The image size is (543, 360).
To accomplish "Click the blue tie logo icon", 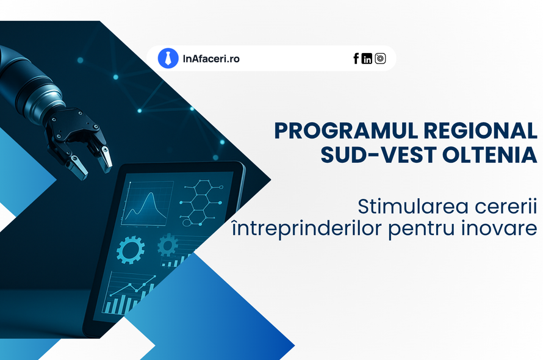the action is [168, 58].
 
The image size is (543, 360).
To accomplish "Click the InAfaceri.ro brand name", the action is [211, 59].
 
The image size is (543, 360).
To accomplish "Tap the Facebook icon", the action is [356, 59].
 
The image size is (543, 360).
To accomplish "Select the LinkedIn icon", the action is [367, 59].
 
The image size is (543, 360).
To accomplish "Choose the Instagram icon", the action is [380, 59].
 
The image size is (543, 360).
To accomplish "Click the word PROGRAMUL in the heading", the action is [346, 131].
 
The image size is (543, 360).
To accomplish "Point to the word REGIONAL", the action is [480, 131].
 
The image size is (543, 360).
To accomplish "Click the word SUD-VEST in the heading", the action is [378, 154].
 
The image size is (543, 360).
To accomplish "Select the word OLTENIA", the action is [490, 154].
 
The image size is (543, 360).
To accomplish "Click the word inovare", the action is [499, 228].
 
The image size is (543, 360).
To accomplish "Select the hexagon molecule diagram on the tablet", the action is [201, 203].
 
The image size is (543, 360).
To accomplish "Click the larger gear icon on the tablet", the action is [131, 250].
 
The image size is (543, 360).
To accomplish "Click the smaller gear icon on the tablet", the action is [168, 245].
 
